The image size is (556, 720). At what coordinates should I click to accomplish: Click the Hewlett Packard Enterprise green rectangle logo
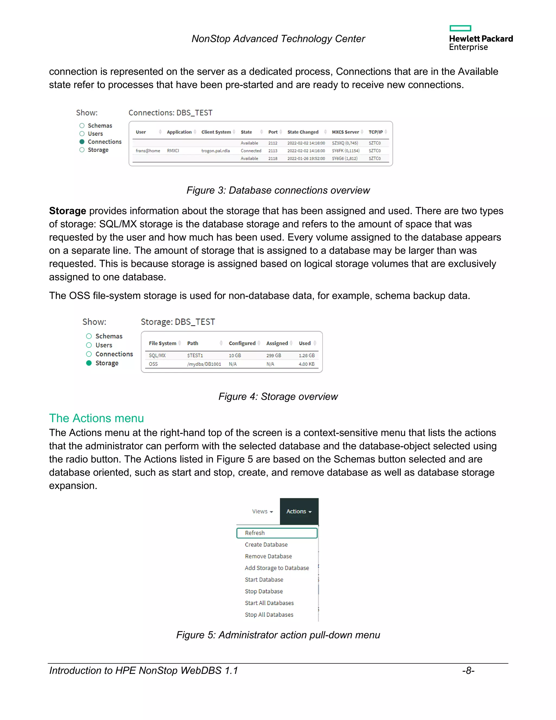(460, 28)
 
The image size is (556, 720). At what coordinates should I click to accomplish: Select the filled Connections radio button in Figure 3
(82, 142)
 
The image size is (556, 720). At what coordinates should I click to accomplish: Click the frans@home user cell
(148, 151)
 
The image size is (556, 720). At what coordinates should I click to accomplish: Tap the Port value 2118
(273, 159)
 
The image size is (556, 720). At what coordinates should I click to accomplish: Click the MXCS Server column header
(345, 132)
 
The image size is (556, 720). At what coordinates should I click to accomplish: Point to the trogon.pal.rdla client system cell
(215, 151)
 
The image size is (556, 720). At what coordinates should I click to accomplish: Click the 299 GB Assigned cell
(273, 355)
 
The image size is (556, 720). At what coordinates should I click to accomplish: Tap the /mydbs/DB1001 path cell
(204, 364)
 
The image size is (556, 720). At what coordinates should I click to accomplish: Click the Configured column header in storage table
(242, 343)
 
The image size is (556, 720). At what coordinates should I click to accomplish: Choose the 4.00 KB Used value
(306, 364)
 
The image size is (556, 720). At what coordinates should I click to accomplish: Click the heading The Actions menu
(96, 418)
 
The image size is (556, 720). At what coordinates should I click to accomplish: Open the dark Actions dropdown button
(299, 511)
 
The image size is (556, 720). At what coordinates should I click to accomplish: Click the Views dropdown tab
(262, 511)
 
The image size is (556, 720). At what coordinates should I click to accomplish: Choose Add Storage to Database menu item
(277, 568)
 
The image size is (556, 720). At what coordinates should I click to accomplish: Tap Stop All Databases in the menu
(269, 615)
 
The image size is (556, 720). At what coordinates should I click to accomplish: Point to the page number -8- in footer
(468, 671)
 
